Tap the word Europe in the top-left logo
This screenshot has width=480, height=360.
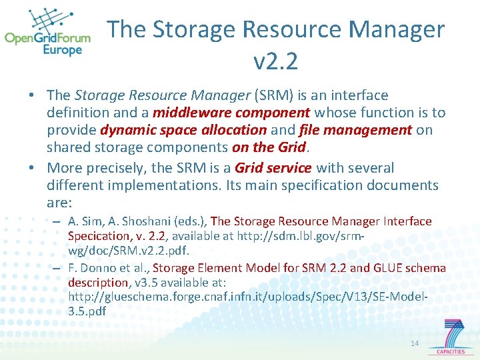tap(63, 50)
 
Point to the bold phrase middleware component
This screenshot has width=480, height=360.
tap(231, 113)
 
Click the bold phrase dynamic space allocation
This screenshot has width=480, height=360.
tap(183, 131)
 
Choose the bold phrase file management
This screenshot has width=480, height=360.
tap(355, 131)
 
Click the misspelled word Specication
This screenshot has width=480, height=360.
tap(99, 236)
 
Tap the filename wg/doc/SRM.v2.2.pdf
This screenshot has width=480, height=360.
tap(129, 251)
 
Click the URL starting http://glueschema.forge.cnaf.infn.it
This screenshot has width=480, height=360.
tap(247, 297)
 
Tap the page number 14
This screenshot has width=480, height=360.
tap(415, 343)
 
